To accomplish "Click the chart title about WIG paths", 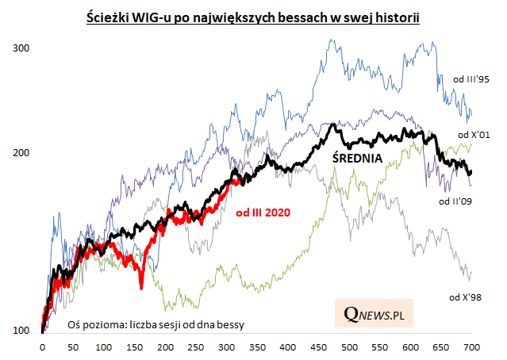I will click(252, 16).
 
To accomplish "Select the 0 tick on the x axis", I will click(41, 347).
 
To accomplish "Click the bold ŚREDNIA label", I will click(356, 158).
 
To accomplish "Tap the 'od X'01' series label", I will click(476, 135).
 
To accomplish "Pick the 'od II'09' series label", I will click(456, 201).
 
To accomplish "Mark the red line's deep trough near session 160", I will click(141, 287).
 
